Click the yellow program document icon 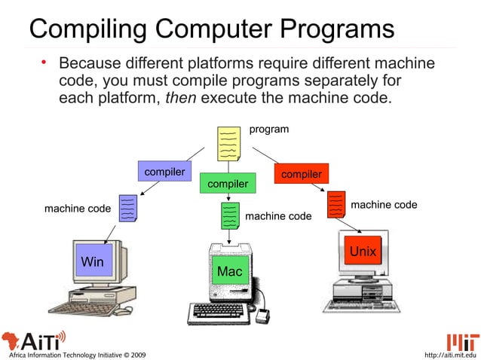click(228, 144)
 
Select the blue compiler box click(165, 172)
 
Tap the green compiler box click(228, 184)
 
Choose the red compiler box click(301, 174)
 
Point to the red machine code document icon click(336, 204)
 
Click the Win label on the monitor click(92, 261)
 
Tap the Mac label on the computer click(228, 270)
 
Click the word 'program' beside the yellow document click(268, 130)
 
